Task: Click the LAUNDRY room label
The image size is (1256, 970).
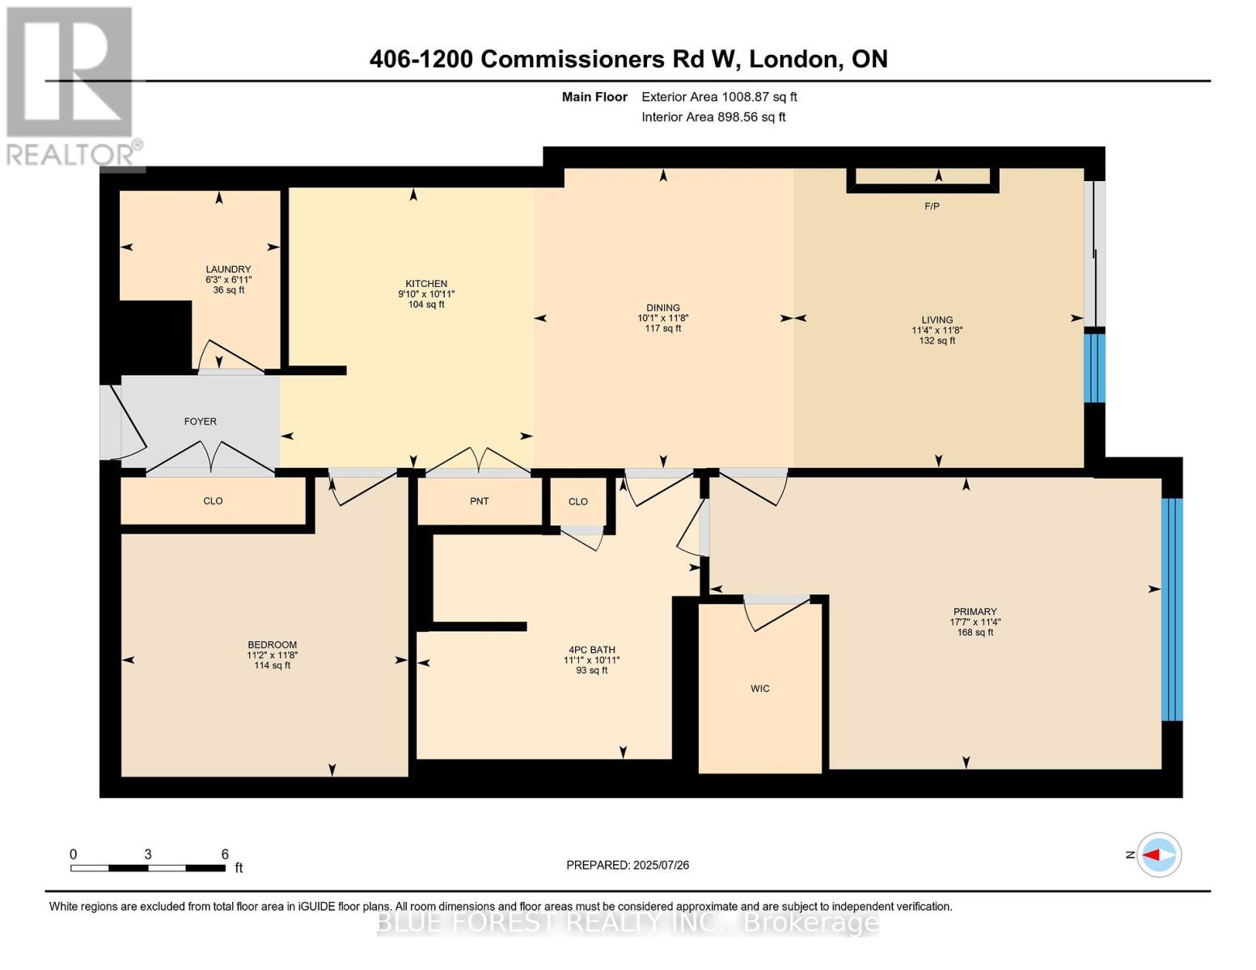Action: pos(228,269)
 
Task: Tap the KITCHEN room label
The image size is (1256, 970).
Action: pos(426,284)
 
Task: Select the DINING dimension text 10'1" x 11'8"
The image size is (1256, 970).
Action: pos(662,318)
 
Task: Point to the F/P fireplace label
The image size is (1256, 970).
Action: pos(932,207)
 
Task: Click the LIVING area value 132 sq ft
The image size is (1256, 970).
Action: pos(937,341)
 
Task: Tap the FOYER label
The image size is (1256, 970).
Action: pos(201,421)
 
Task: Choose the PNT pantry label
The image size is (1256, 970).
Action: pos(479,501)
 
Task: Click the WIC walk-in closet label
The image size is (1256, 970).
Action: pos(759,689)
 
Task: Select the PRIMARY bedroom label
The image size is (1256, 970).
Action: pos(975,612)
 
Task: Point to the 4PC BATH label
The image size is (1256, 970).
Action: pos(591,650)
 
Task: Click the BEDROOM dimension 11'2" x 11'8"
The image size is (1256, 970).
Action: pos(272,656)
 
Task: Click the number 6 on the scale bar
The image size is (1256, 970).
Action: pos(225,854)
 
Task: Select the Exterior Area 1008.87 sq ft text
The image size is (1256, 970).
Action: pos(719,97)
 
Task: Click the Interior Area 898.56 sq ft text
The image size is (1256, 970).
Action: pos(713,117)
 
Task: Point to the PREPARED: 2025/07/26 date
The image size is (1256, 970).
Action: pos(628,865)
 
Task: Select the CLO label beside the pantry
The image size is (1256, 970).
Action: pos(577,502)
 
